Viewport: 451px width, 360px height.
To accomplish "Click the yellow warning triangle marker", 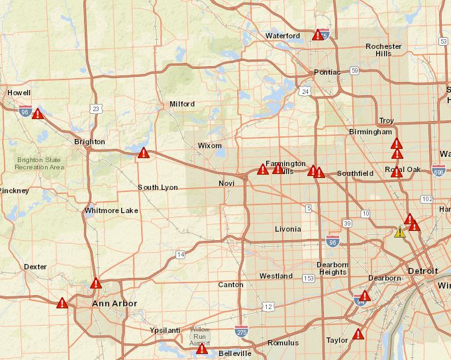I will [x=399, y=232].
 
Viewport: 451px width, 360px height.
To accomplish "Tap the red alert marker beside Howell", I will [x=38, y=113].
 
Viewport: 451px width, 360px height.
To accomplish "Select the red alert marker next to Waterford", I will [x=318, y=35].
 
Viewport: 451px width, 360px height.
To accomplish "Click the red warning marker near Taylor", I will [x=358, y=334].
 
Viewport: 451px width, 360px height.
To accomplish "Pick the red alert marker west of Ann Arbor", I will [x=62, y=303].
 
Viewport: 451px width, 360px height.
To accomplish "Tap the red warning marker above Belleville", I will [x=202, y=349].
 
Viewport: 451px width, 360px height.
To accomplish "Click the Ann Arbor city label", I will [x=114, y=304].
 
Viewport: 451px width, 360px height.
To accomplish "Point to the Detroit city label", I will [x=423, y=271].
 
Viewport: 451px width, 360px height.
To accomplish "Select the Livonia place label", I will [x=288, y=229].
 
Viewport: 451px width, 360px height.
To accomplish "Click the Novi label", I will [x=226, y=183].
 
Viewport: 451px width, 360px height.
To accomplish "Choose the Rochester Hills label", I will [x=383, y=50].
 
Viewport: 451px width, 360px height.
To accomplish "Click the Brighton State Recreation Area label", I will [x=39, y=163].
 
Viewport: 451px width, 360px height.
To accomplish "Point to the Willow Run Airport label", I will [x=199, y=337].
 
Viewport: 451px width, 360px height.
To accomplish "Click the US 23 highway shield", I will [x=97, y=109].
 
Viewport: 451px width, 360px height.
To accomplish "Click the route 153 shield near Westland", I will [x=308, y=279].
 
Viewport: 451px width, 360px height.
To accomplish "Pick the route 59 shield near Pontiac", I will [x=355, y=70].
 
